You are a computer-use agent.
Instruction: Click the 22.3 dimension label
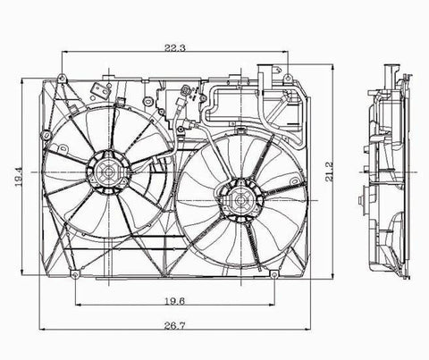click(x=175, y=47)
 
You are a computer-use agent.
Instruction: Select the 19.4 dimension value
click(x=19, y=177)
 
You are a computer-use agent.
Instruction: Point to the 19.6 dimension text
click(x=175, y=301)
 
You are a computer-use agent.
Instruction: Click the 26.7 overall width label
click(x=174, y=325)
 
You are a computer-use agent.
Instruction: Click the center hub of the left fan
click(x=108, y=172)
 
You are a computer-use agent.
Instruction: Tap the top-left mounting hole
click(x=62, y=79)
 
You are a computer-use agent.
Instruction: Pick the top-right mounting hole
click(x=288, y=79)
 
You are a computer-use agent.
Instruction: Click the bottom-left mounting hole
click(x=75, y=274)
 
